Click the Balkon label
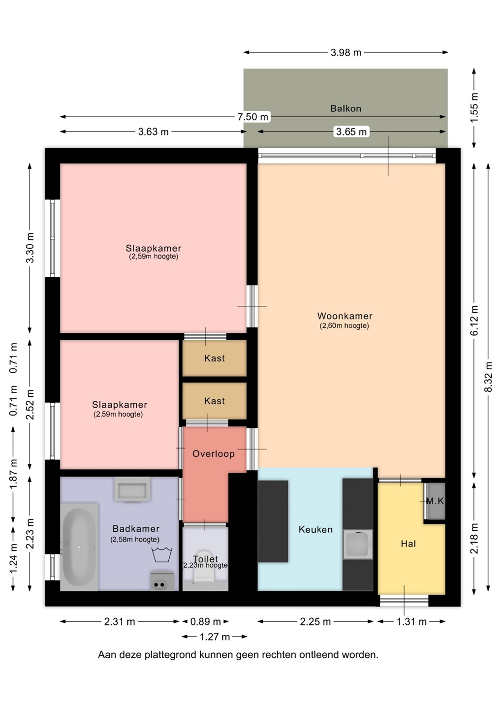tap(345, 108)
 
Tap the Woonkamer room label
tap(345, 316)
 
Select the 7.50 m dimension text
tap(252, 117)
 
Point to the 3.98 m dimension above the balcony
tap(345, 52)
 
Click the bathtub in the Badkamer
tap(79, 547)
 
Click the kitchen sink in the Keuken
tap(358, 544)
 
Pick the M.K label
tap(435, 501)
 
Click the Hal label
tap(408, 544)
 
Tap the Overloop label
tap(214, 453)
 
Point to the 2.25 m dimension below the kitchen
tap(315, 622)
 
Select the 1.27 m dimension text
tap(215, 637)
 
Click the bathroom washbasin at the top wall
tap(132, 489)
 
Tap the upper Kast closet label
tap(215, 358)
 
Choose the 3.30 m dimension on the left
tap(30, 248)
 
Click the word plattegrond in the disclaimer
tap(170, 654)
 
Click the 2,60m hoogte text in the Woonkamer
tap(344, 326)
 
